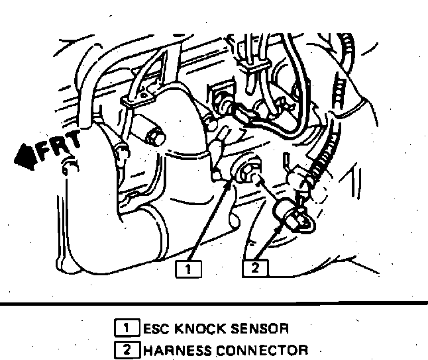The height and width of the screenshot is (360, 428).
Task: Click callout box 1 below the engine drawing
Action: pyautogui.click(x=189, y=269)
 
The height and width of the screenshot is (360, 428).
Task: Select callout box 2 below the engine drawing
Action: pyautogui.click(x=256, y=269)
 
